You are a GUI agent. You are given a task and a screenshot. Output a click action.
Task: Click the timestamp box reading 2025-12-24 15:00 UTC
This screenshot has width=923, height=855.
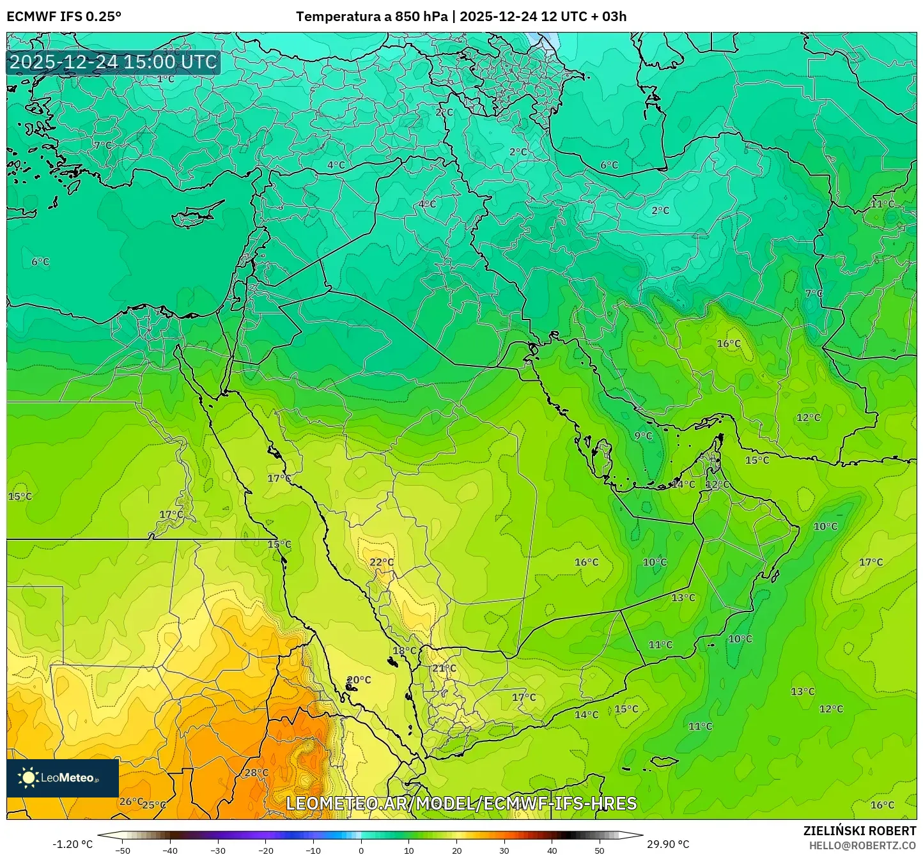tap(113, 62)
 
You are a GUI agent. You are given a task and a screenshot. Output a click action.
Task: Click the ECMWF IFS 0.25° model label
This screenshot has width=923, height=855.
tap(64, 17)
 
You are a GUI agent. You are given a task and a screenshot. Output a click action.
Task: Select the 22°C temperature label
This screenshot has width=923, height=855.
tap(382, 562)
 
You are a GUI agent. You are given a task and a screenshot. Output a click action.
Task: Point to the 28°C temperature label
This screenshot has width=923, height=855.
tap(256, 773)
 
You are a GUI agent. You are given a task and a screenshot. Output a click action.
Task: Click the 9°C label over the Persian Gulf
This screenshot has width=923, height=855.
tap(643, 436)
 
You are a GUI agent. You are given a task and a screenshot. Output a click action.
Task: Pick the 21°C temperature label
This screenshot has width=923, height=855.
tap(444, 668)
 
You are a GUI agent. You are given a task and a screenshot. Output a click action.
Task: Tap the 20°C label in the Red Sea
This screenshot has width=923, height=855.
tap(359, 680)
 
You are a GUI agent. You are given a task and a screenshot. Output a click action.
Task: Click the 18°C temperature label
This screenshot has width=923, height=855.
tap(404, 651)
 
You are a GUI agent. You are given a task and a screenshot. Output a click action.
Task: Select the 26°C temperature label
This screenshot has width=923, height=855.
tap(131, 801)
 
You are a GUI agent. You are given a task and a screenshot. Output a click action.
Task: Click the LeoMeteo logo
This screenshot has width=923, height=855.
tap(62, 778)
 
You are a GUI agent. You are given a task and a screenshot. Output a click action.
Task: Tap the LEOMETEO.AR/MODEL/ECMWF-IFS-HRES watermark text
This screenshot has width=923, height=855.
tap(461, 803)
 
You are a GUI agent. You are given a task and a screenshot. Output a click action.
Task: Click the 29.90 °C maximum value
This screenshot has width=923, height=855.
tap(668, 844)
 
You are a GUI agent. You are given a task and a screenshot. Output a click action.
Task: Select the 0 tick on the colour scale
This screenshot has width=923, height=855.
tap(361, 850)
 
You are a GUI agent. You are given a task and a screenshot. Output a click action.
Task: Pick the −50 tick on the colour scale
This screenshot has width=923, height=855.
tap(122, 850)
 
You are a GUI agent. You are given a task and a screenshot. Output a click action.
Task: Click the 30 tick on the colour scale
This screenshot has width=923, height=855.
tap(504, 850)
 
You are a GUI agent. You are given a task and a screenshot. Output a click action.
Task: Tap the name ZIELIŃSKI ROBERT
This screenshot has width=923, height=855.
tap(859, 831)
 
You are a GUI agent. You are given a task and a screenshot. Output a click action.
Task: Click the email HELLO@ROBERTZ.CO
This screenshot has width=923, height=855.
tap(862, 845)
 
